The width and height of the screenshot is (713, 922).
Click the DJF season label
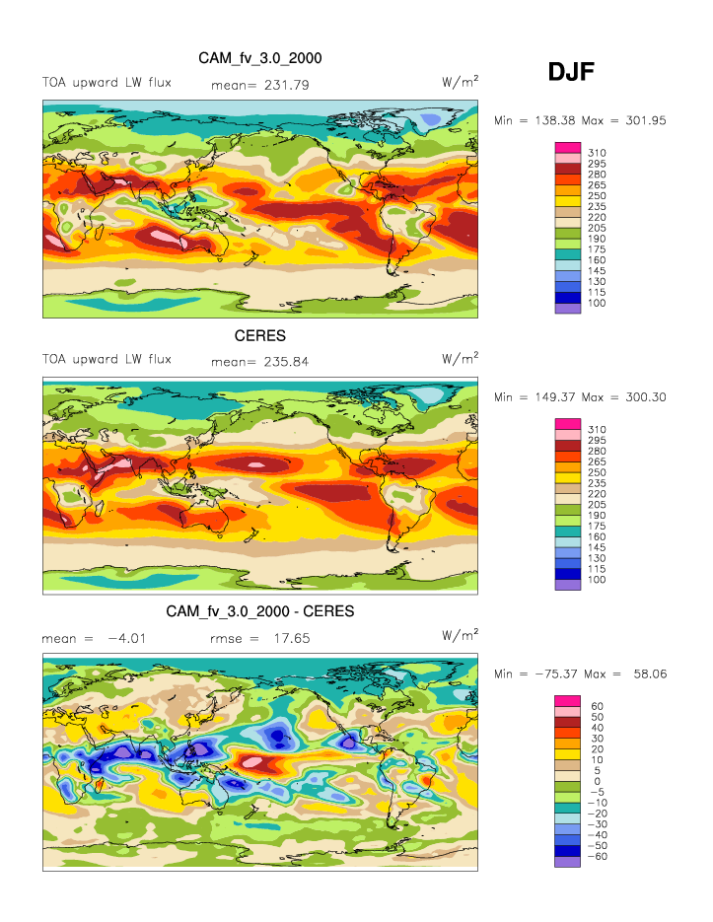(571, 70)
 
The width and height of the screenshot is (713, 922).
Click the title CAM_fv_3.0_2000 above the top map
(259, 59)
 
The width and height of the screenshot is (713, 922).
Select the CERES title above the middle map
(259, 336)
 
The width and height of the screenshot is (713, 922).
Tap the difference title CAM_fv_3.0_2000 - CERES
(259, 612)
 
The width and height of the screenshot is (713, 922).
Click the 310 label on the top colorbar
(598, 152)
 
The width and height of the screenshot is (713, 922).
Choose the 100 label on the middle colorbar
(598, 579)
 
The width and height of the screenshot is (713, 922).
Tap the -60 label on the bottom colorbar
(598, 856)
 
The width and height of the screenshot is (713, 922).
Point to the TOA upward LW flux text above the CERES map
(107, 359)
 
